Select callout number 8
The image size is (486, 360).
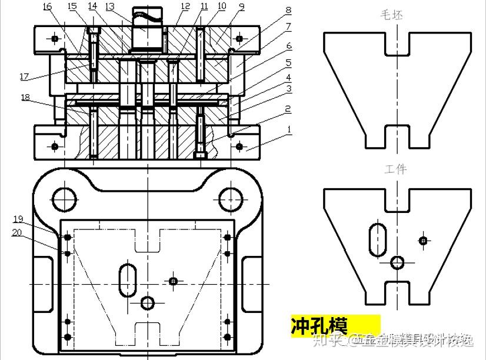(288, 10)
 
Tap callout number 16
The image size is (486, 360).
(47, 6)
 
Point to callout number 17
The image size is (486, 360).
(24, 77)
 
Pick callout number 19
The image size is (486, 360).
(18, 219)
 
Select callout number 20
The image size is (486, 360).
(18, 232)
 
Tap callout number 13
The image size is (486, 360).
(110, 6)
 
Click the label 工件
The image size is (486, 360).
(395, 169)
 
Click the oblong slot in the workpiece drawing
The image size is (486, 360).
(377, 239)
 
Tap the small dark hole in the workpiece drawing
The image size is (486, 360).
(422, 240)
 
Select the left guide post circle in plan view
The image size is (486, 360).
(64, 199)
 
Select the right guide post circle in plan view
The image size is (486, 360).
(230, 199)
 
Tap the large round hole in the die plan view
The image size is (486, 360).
(147, 302)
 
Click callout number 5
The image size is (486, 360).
(288, 62)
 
